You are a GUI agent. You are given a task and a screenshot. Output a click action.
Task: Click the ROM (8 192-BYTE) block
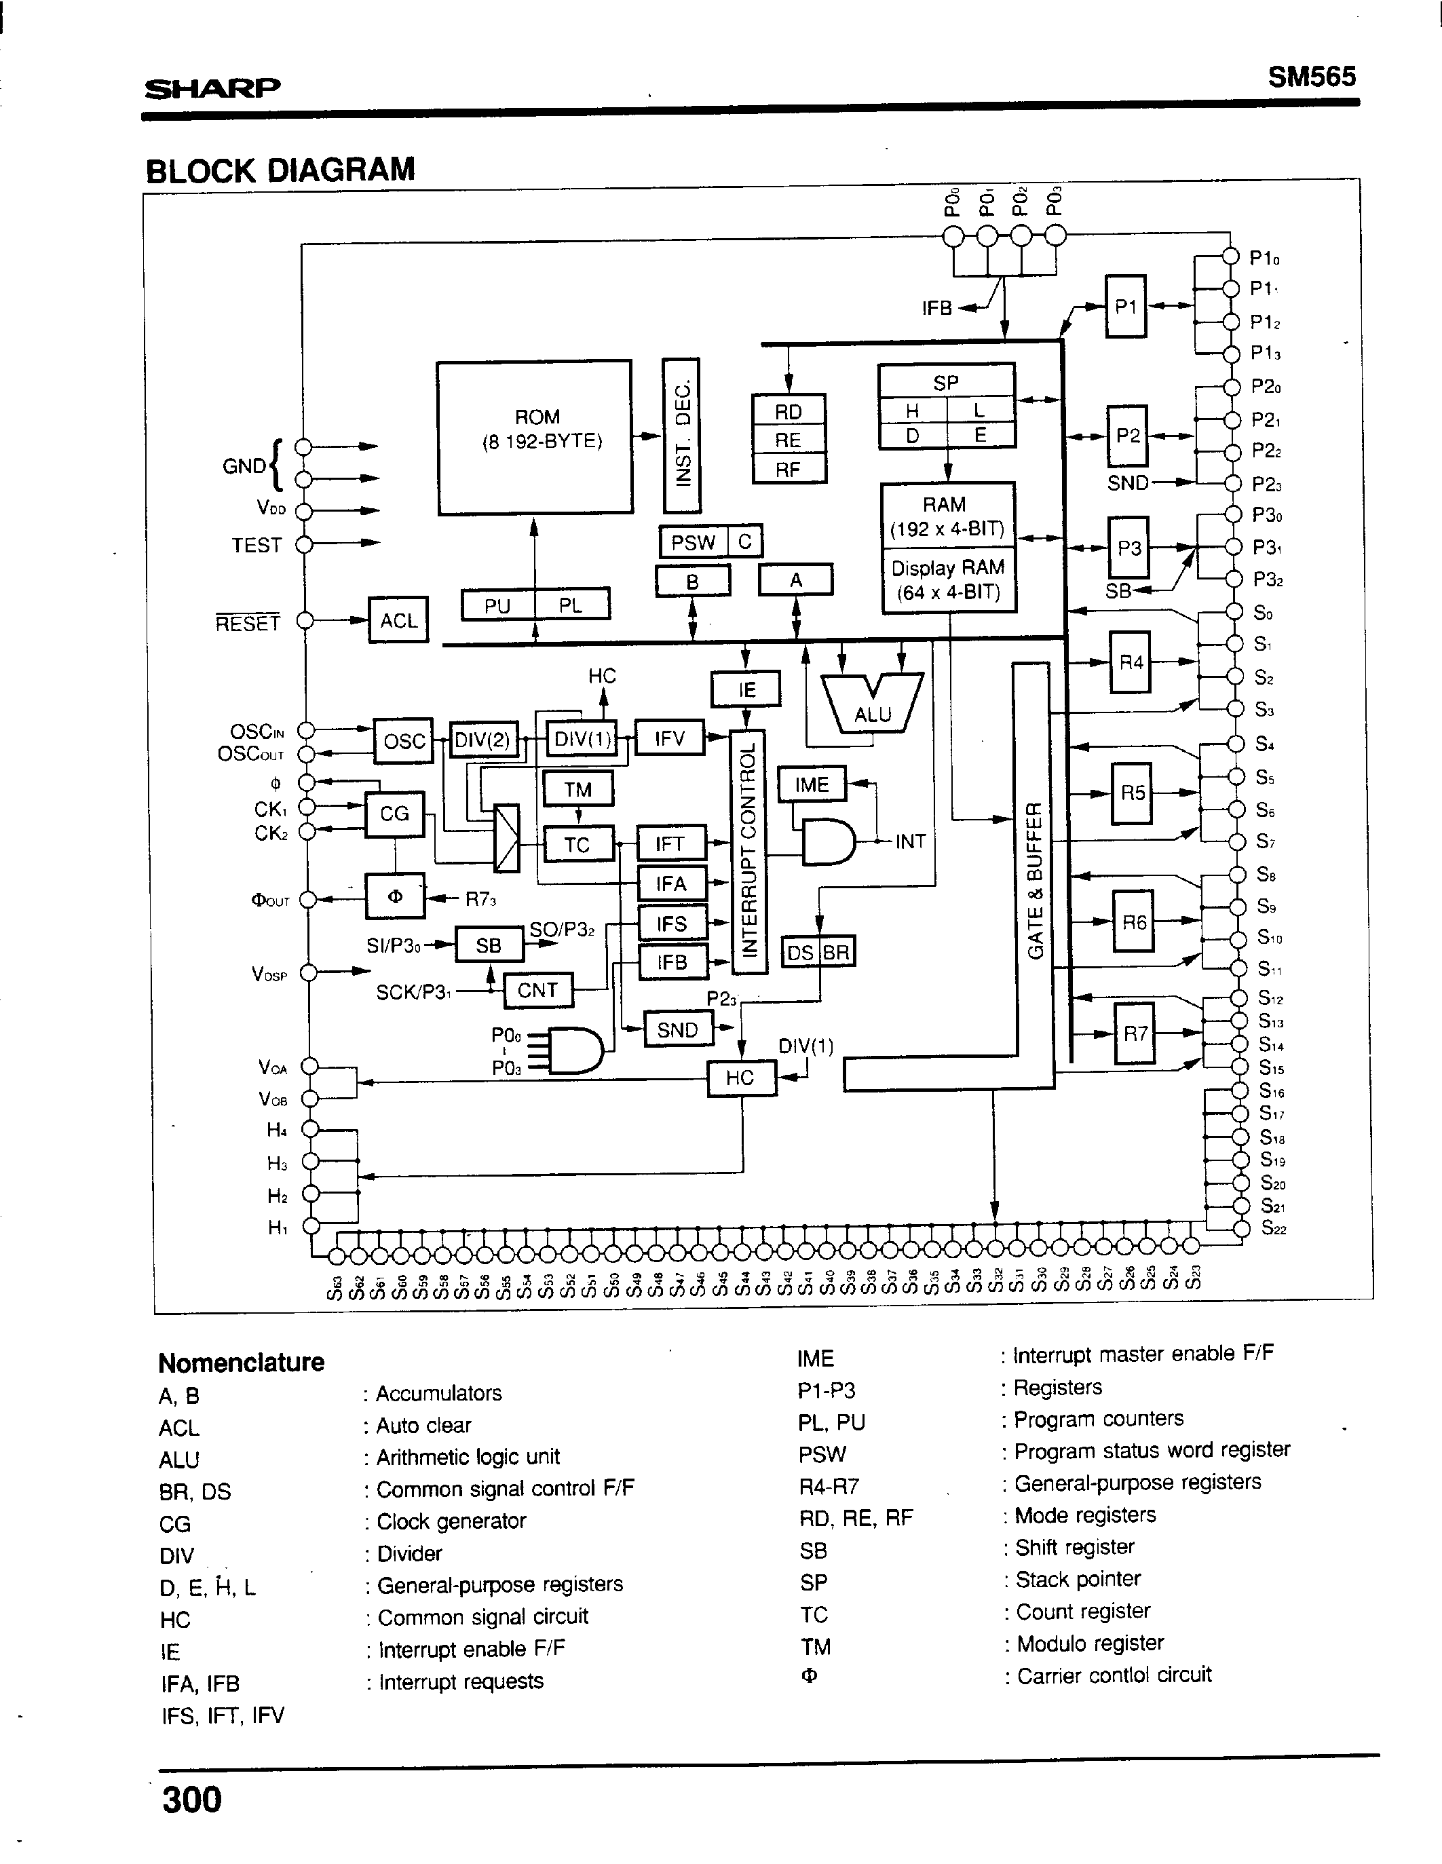[x=535, y=437]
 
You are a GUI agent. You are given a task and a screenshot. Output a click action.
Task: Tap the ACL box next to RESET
[x=398, y=620]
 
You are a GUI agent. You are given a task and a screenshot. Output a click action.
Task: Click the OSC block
[x=404, y=740]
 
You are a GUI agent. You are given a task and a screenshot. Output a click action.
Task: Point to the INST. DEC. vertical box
[x=681, y=435]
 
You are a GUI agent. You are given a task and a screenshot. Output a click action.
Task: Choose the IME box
[x=811, y=784]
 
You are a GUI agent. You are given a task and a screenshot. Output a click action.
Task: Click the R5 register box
[x=1132, y=793]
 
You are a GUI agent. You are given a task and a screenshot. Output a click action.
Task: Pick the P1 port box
[x=1126, y=307]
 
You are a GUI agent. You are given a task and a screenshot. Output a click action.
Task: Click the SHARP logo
[x=212, y=88]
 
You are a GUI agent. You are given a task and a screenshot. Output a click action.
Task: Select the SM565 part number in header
[x=1312, y=77]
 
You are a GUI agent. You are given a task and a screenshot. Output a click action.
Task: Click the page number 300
[x=192, y=1799]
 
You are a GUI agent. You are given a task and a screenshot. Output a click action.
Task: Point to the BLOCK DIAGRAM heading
[x=280, y=170]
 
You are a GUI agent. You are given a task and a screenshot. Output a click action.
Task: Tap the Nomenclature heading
[x=242, y=1362]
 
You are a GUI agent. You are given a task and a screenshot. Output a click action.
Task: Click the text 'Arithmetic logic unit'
[x=468, y=1457]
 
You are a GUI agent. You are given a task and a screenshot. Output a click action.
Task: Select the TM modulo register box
[x=578, y=789]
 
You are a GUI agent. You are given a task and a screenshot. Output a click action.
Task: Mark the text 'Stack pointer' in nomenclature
[x=1078, y=1579]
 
